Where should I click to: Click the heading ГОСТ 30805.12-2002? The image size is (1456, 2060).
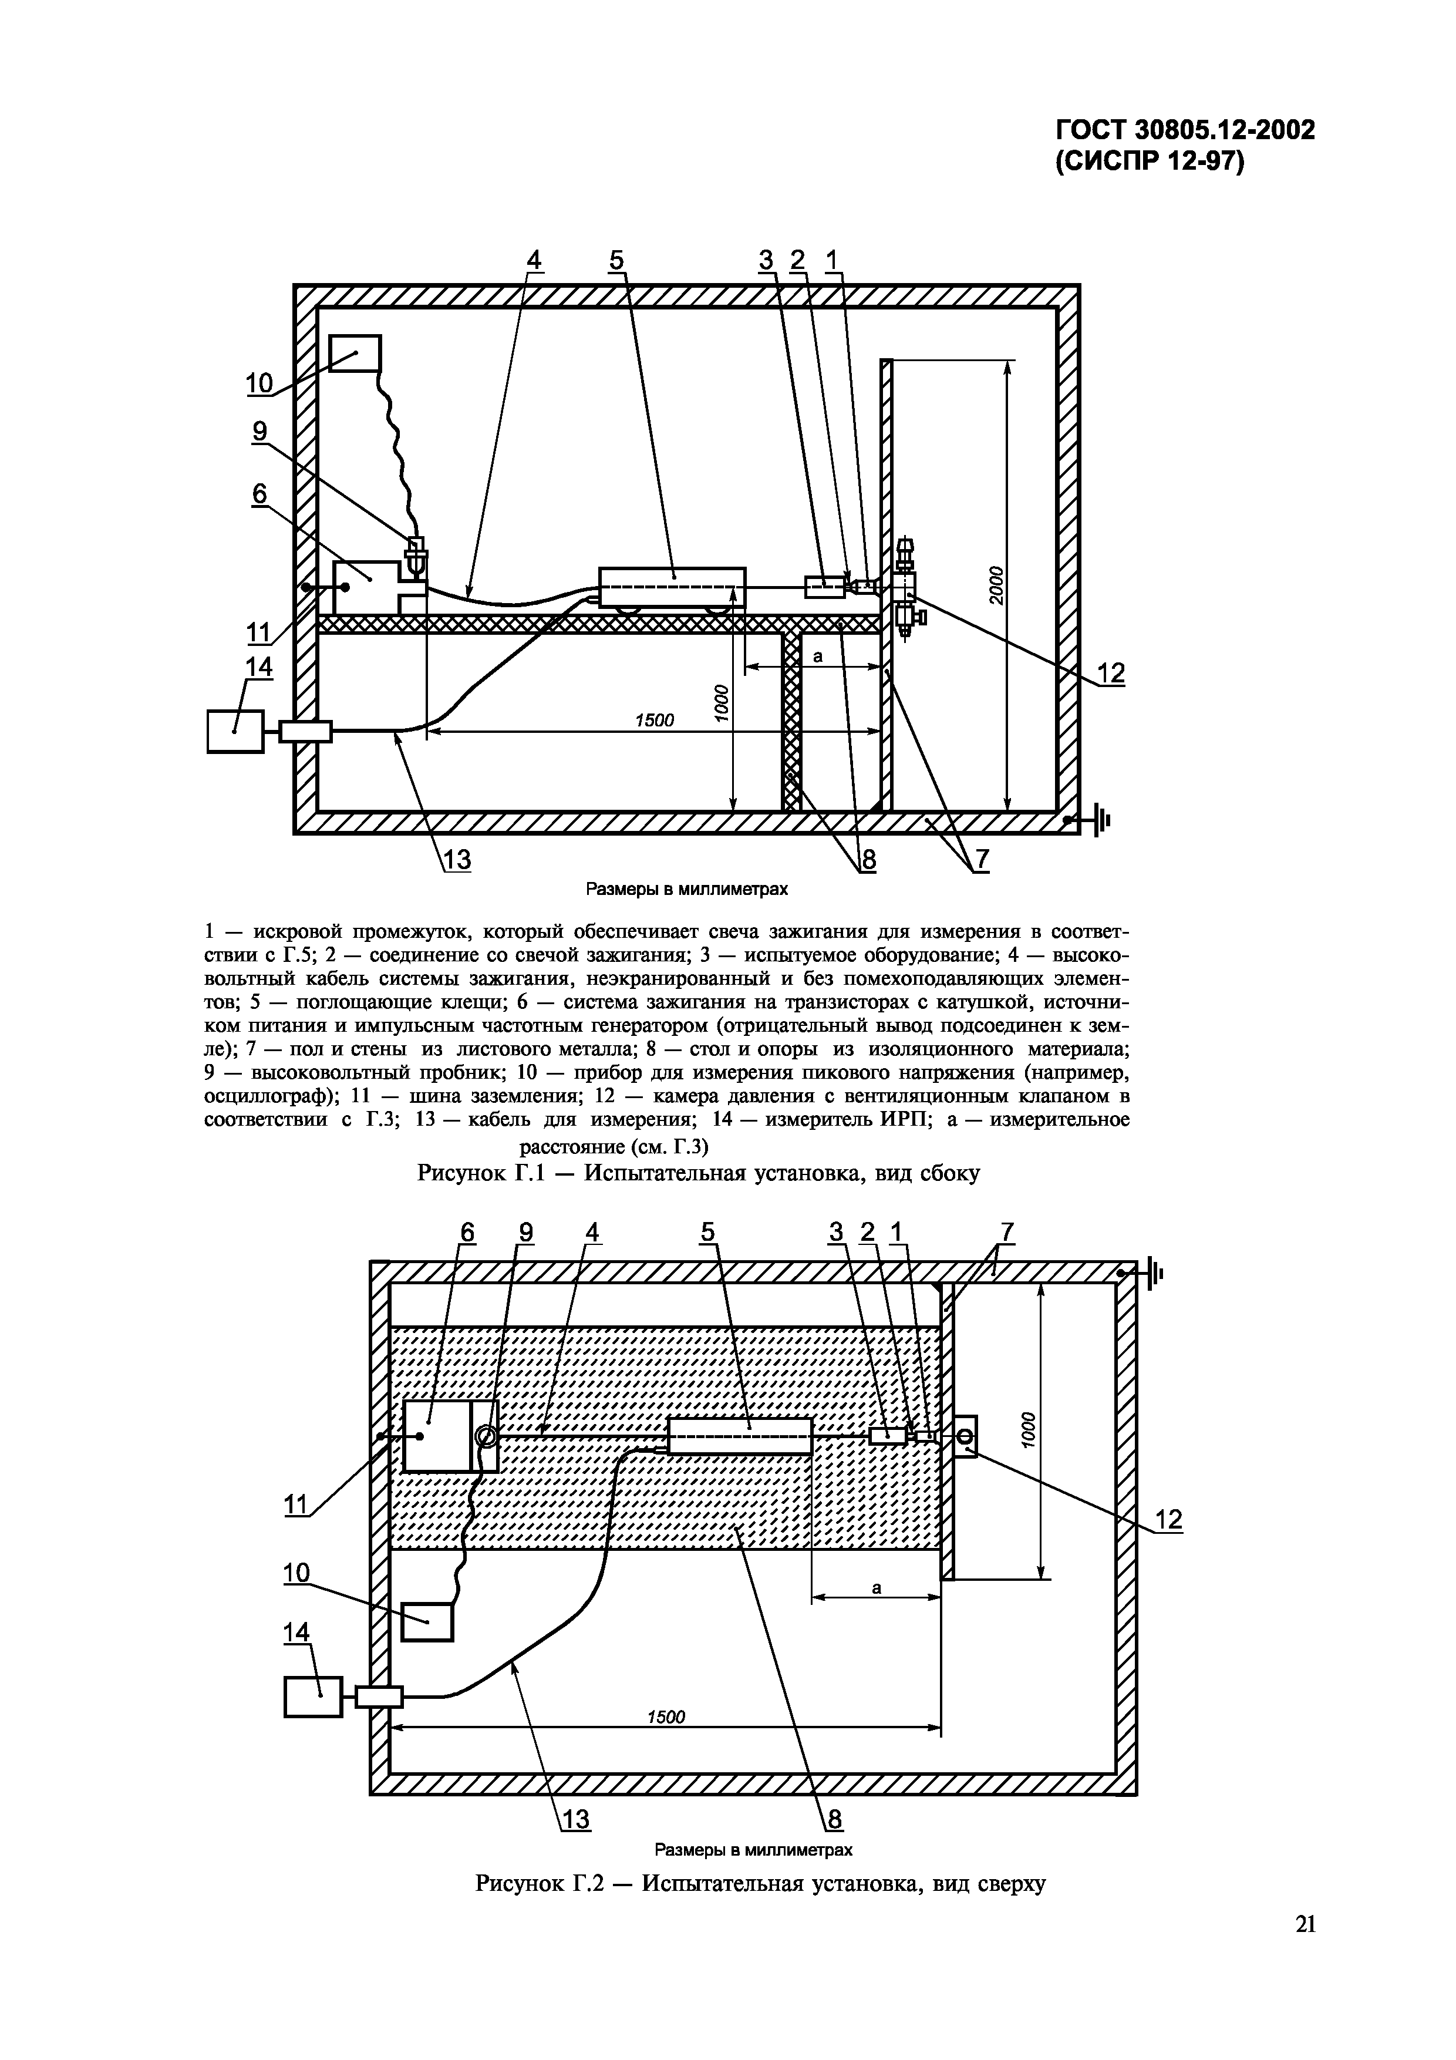click(1184, 131)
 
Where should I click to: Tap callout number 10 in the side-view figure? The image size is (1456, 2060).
click(259, 384)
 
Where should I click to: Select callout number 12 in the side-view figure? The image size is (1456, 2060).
click(1111, 673)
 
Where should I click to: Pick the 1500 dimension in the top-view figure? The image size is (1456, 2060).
click(666, 1716)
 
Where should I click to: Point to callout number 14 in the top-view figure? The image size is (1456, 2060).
click(296, 1633)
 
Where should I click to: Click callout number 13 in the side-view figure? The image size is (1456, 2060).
click(457, 860)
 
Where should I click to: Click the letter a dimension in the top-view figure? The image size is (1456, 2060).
click(877, 1587)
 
